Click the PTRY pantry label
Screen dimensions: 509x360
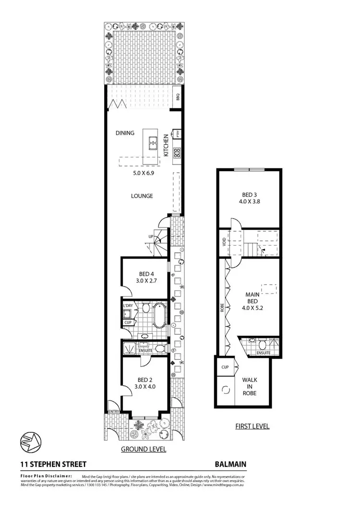177,135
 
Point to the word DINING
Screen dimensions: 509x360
125,133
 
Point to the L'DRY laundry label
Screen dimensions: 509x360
128,305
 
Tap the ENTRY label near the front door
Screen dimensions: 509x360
113,412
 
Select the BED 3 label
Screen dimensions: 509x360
247,195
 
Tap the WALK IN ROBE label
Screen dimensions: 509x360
250,386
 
